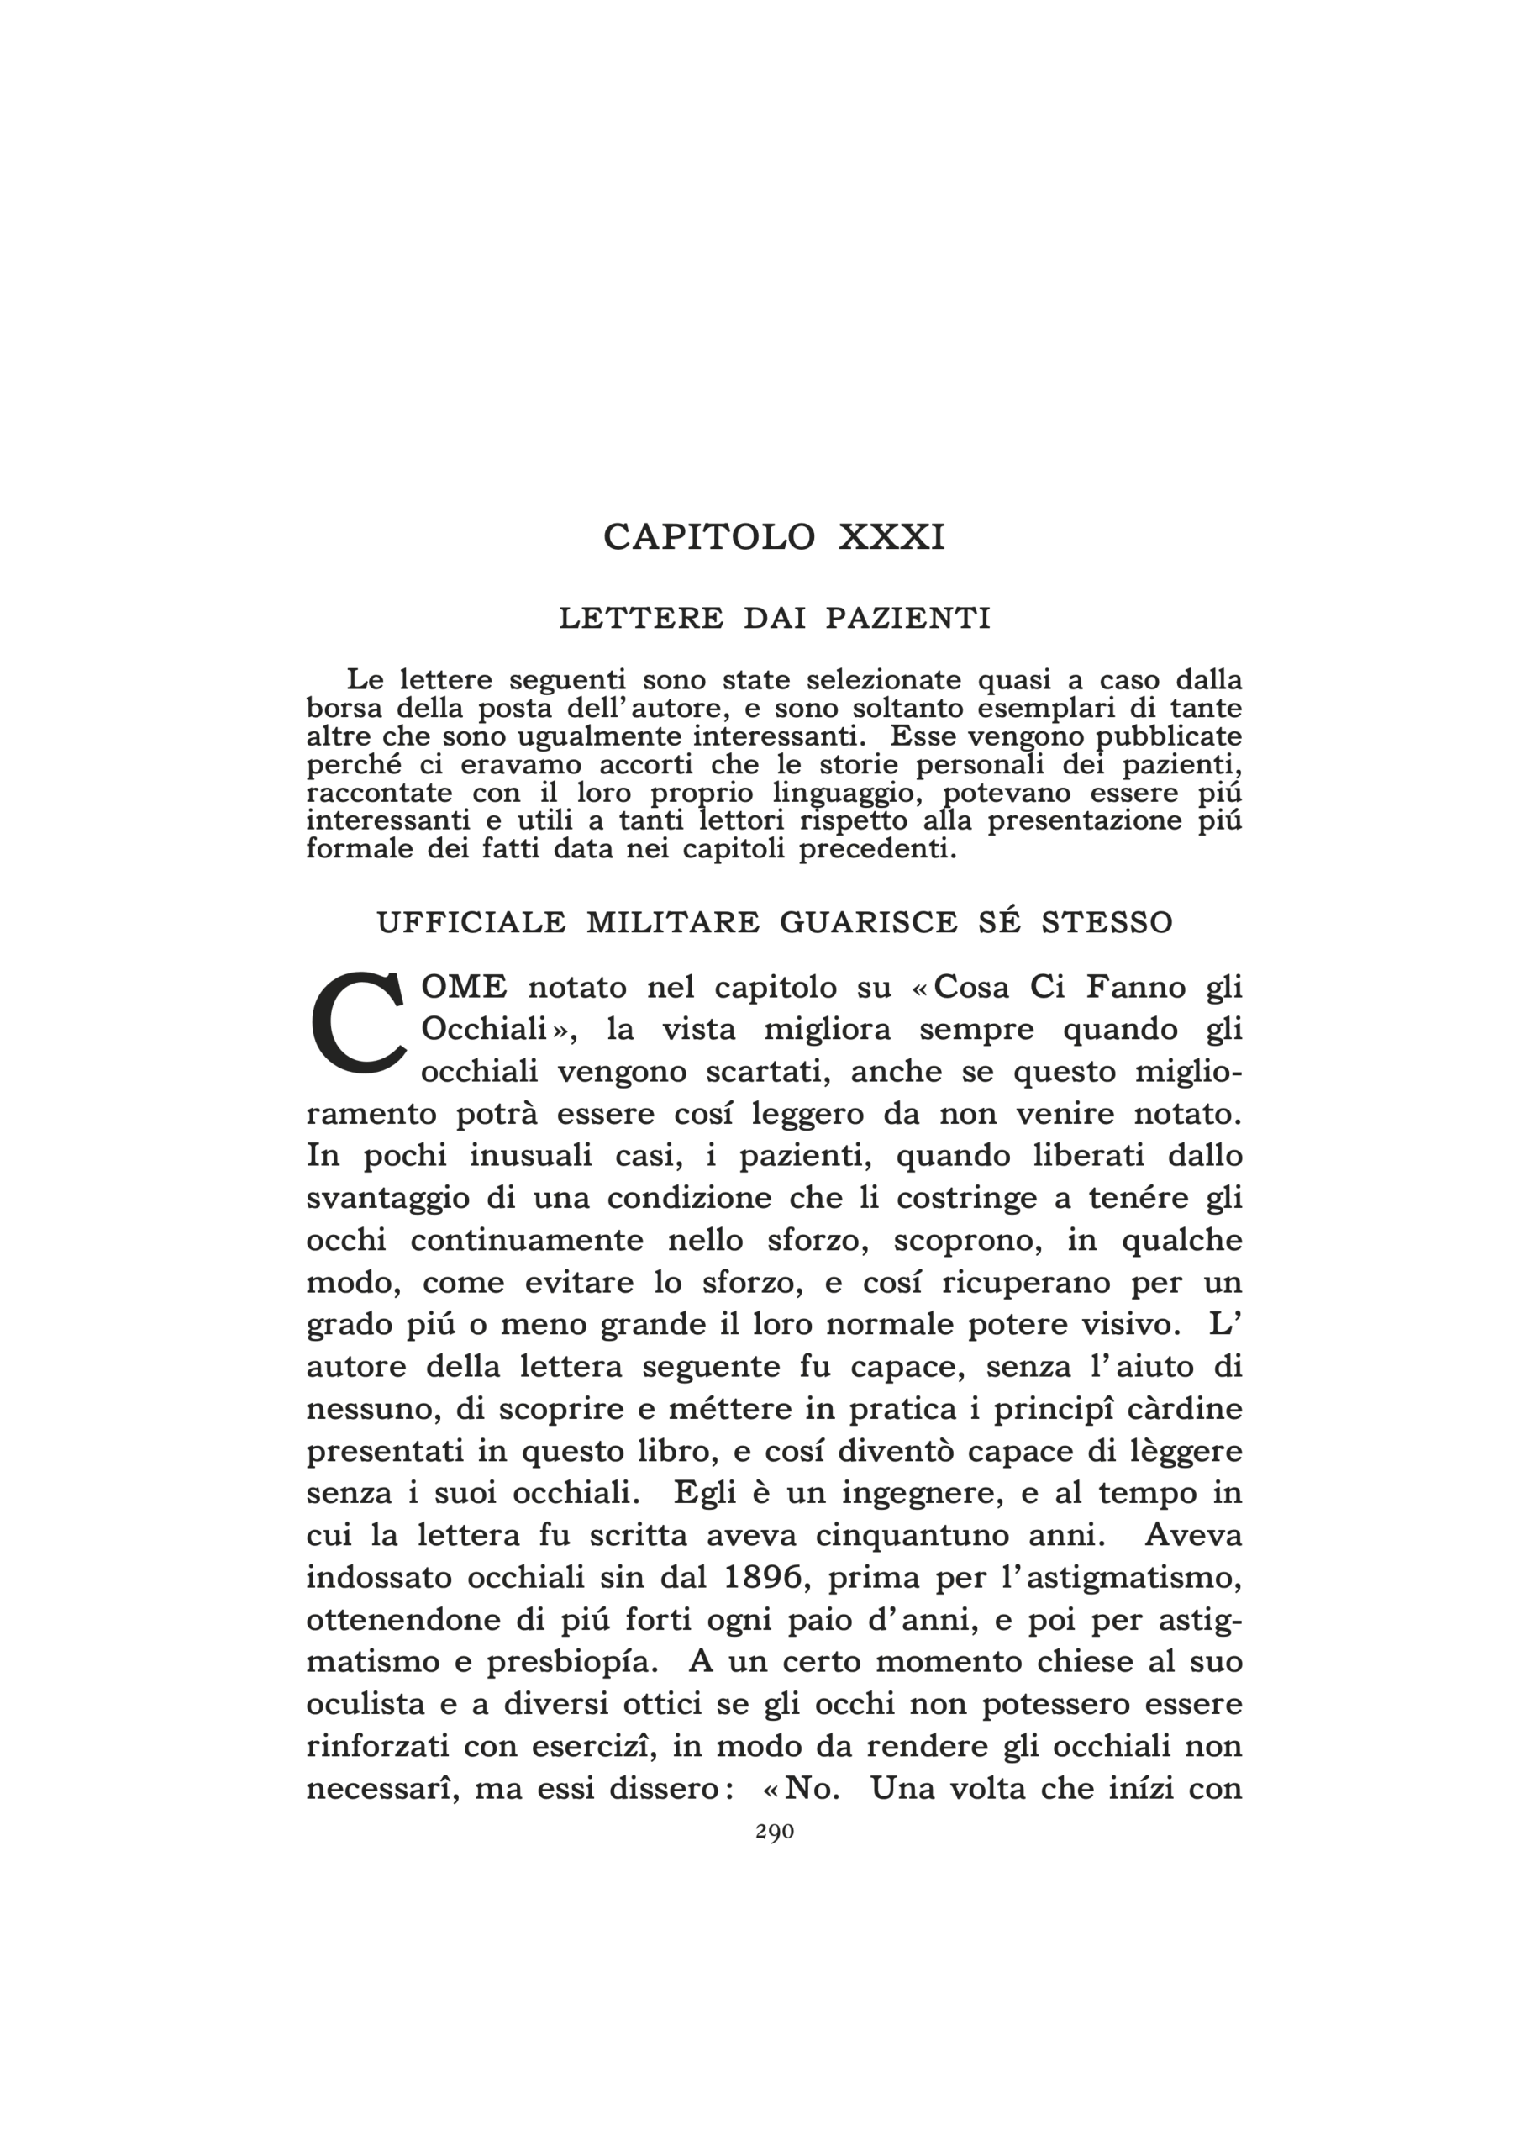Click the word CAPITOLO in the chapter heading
(x=708, y=537)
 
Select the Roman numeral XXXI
(x=891, y=537)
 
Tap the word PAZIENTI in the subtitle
(x=907, y=620)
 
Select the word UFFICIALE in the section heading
(x=471, y=923)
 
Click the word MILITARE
(x=673, y=923)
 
